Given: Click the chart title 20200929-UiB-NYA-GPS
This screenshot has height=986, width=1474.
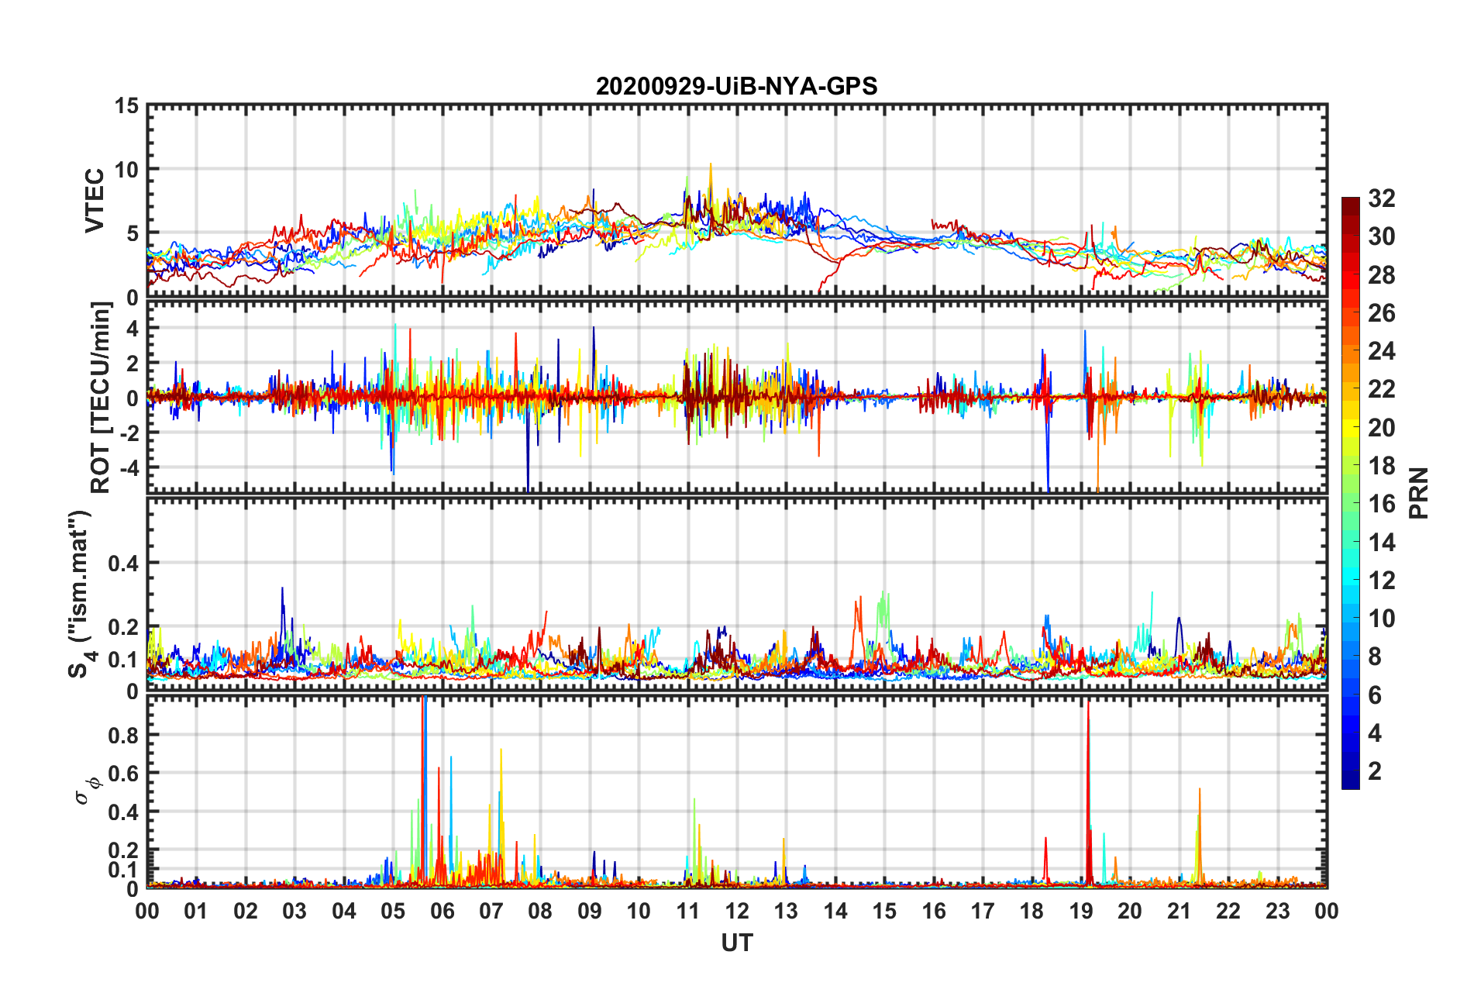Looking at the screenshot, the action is (x=736, y=86).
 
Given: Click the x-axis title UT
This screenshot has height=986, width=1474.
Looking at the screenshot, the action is (x=737, y=943).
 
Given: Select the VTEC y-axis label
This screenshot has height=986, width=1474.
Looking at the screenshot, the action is (x=95, y=201).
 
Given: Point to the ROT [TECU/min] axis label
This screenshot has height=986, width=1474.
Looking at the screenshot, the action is (x=101, y=398).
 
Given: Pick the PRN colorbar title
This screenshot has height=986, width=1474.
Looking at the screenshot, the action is (x=1419, y=493).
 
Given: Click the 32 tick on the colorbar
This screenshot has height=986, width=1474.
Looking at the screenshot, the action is (x=1381, y=198).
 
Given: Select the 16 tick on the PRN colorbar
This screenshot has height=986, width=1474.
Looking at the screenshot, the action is (x=1381, y=504).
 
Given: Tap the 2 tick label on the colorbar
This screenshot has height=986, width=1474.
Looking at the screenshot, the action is (x=1375, y=771).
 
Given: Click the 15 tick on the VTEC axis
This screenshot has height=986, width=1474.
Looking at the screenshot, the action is (x=126, y=105).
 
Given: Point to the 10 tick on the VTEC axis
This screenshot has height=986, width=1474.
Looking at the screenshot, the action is (x=126, y=170).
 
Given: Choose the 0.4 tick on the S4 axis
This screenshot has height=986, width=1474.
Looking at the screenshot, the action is (x=123, y=564).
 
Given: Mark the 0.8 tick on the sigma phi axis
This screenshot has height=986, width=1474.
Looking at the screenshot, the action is (x=123, y=735).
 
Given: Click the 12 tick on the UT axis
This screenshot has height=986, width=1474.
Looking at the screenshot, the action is (x=737, y=911).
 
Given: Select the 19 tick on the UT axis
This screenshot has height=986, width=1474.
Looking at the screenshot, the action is (x=1081, y=911).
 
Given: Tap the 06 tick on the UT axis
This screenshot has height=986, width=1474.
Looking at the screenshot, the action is (x=443, y=911).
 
